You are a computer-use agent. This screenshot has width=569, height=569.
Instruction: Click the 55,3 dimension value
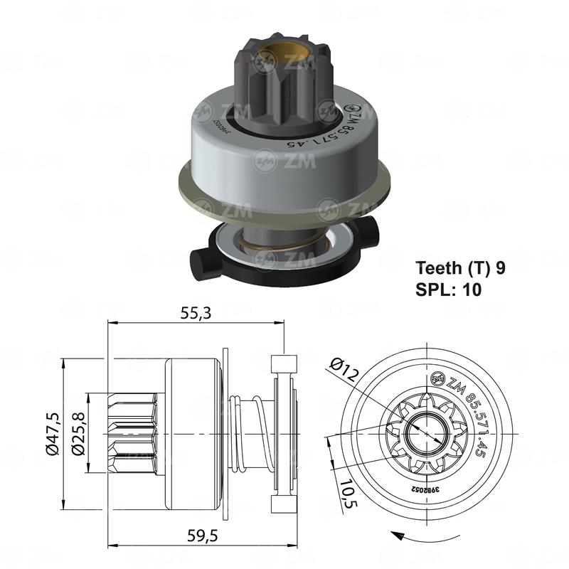click(x=196, y=312)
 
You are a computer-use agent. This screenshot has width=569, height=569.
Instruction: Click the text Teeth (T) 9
click(x=460, y=268)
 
